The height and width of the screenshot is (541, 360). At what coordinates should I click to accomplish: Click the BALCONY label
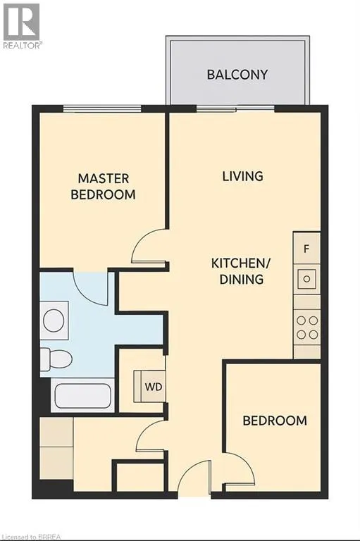click(x=237, y=74)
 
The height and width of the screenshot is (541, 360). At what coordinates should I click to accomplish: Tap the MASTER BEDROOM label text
click(x=103, y=186)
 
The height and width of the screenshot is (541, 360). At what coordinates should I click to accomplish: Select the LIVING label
click(x=242, y=175)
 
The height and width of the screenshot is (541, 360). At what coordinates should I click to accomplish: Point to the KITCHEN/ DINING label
click(x=237, y=271)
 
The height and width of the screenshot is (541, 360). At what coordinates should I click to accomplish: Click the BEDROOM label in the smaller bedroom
click(x=275, y=421)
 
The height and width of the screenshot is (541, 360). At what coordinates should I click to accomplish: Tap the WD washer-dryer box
click(x=151, y=387)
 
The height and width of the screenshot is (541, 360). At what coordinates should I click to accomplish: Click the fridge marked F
click(x=306, y=248)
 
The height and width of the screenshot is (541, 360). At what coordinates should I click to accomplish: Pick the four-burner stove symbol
click(x=306, y=326)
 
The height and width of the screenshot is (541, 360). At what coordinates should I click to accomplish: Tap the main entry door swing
click(x=195, y=480)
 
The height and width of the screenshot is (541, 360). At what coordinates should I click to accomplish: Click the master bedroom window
click(x=101, y=108)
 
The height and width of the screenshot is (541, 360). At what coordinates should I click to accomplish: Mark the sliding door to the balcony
click(x=235, y=108)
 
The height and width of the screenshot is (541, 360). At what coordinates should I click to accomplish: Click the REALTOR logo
click(x=22, y=25)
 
